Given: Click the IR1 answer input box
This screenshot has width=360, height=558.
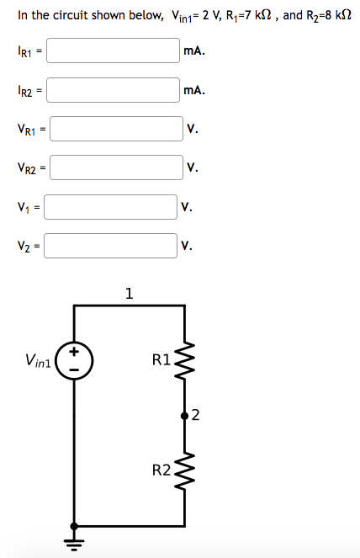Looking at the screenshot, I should coord(114,50).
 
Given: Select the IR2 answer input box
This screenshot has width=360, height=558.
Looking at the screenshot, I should coord(114,90).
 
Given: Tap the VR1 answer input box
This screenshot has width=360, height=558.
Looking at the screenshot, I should coord(117,129).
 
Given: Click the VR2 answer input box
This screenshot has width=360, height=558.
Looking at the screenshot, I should coord(117,167).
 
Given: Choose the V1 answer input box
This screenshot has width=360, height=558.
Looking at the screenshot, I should coord(111,206).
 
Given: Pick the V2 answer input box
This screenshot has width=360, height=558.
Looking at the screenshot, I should coord(111,245).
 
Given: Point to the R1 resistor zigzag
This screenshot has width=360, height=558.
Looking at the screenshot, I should coord(184,362).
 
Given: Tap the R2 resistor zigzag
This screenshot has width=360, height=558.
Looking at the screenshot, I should coord(184,470).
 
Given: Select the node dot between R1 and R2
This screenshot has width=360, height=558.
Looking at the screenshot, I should coord(184,415).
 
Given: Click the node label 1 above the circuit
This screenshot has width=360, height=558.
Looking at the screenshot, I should coord(128,294).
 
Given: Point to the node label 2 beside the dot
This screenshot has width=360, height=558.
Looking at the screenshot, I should coord(195,413).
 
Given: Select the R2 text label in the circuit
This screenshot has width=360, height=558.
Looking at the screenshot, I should coord(161,469).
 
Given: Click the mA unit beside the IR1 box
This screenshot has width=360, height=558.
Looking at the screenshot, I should coord(193,50).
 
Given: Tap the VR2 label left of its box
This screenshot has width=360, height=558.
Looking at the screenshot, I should coord(26,168).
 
